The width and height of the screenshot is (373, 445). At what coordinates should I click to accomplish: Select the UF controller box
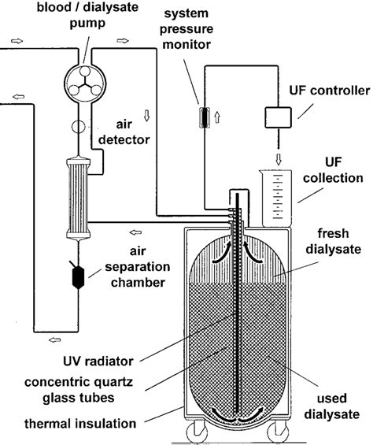[x=279, y=117]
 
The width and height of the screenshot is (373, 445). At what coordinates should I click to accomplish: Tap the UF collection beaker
[x=275, y=198]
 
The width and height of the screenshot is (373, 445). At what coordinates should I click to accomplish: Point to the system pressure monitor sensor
[x=205, y=117]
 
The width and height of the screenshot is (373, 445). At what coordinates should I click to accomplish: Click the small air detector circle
[x=79, y=126]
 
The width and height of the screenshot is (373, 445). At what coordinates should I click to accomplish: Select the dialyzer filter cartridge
[x=78, y=198]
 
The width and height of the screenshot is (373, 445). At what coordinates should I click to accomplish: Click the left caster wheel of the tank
[x=197, y=432]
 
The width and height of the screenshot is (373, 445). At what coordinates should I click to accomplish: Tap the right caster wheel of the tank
[x=278, y=432]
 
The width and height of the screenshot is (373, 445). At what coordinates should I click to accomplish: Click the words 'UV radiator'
[x=98, y=362]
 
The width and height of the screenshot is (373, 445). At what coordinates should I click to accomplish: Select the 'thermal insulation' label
[x=80, y=424]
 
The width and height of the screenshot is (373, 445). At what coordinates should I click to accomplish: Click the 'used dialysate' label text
[x=332, y=406]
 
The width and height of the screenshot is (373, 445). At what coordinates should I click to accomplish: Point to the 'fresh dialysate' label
[x=334, y=241]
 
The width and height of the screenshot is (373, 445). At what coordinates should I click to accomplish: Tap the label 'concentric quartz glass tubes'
[x=79, y=390]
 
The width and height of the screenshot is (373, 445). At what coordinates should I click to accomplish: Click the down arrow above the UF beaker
[x=279, y=159]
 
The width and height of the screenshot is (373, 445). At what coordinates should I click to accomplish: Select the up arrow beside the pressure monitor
[x=217, y=117]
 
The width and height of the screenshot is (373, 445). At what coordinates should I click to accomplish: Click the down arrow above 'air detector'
[x=146, y=116]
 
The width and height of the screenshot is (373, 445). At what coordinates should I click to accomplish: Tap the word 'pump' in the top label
[x=87, y=24]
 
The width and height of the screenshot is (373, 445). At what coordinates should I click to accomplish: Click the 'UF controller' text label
[x=330, y=91]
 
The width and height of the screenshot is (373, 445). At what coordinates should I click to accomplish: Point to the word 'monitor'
[x=186, y=45]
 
